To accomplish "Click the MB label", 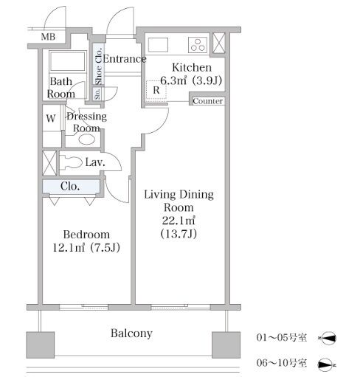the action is pos(48,37).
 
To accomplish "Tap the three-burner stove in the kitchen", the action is pos(198,45).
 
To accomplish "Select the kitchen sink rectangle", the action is pos(158,44).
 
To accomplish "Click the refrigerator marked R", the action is pos(156,90).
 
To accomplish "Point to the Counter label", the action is pos(208,101).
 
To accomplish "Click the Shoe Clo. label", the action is pos(98,66).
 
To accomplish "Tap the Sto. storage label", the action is pos(97,94).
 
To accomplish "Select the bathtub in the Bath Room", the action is pos(68,61).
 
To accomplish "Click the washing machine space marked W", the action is pos(51,119).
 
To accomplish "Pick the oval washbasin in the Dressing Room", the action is pos(87,139).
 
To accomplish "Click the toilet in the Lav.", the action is pos(71,162).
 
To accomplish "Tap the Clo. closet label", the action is pos(70,186).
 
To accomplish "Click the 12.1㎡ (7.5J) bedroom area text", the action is pos(86,247).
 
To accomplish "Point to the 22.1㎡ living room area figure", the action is pos(179,221).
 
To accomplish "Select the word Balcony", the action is pos(131,333).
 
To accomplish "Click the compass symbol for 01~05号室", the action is pos(327,338).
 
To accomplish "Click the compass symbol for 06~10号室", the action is pos(327,364).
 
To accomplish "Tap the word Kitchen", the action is pos(192,67).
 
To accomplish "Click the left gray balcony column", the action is pos(41,345).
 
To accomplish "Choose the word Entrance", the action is pos(125,59).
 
